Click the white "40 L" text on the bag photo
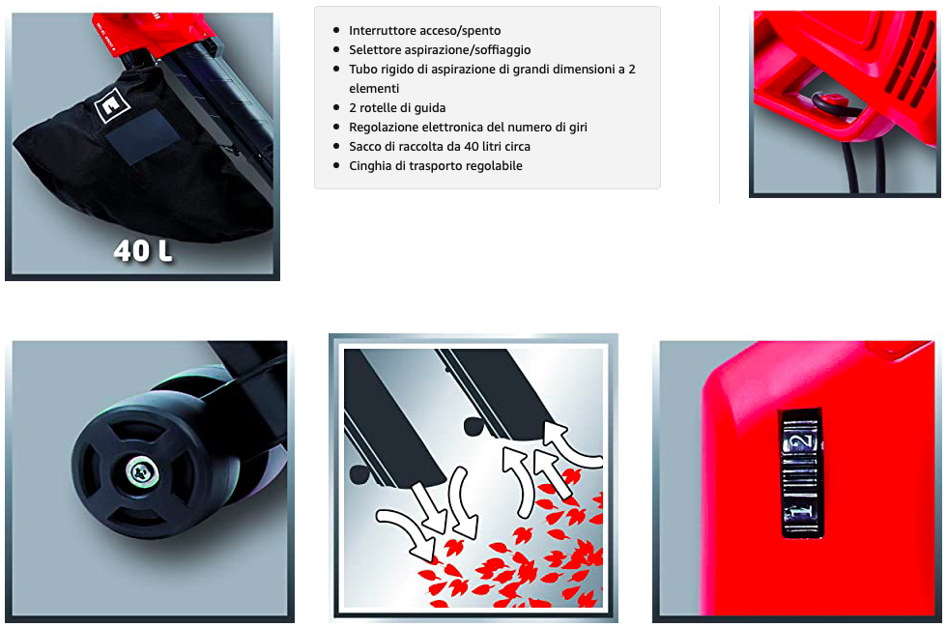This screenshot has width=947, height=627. point(143,250)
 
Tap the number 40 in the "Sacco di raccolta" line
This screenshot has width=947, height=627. point(472,146)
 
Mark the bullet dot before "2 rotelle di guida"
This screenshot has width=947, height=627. point(336,107)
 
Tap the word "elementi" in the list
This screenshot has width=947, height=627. point(374,88)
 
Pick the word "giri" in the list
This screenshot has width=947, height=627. point(576,127)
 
